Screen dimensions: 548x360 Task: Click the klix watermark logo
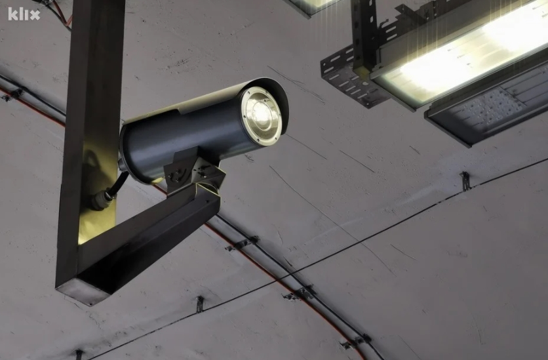[24, 14]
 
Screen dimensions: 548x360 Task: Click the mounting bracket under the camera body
[194, 170]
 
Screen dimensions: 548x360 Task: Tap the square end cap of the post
[82, 293]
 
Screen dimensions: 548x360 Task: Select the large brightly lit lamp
[461, 52]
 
